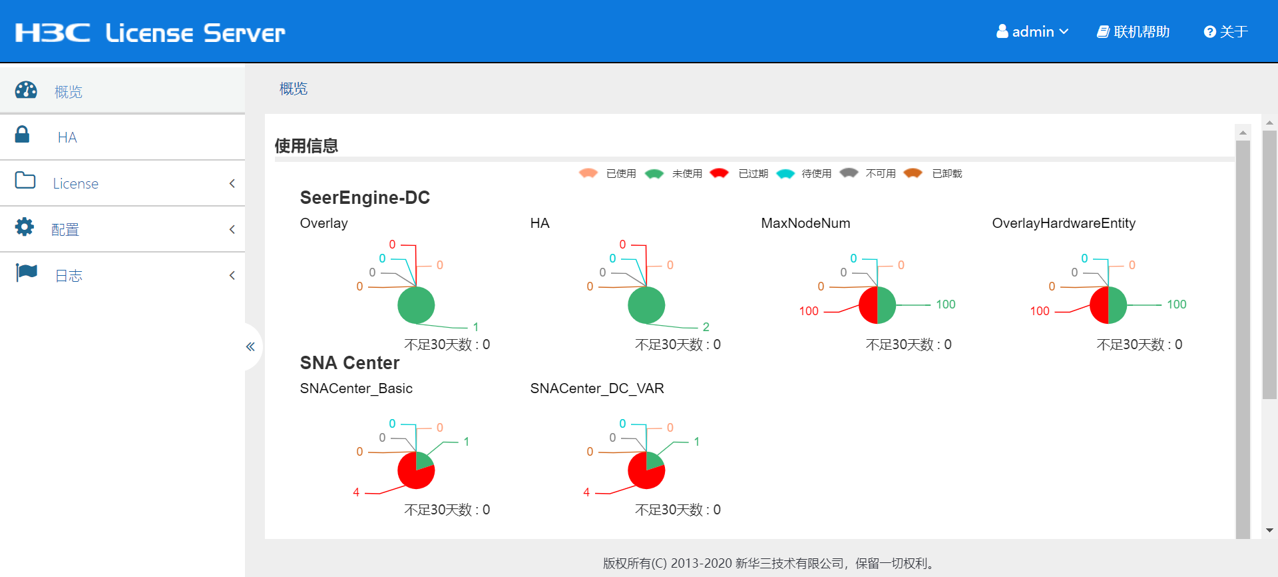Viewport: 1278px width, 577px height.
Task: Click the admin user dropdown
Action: [1032, 32]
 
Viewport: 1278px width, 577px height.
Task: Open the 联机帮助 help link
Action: [1133, 32]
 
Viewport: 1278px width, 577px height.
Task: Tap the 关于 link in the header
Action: [1225, 32]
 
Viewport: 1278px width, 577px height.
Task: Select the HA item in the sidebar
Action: [67, 137]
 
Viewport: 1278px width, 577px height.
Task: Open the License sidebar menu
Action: [76, 183]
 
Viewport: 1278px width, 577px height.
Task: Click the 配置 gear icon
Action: [25, 227]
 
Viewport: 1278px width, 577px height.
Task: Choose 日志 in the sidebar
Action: [69, 276]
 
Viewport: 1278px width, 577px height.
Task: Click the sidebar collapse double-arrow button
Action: [250, 346]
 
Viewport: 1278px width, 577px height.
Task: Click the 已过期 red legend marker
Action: [719, 173]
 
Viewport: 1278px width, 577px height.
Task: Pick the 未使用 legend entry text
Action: [687, 174]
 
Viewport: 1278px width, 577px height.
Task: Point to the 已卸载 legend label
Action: [947, 174]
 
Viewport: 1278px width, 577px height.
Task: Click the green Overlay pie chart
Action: [416, 306]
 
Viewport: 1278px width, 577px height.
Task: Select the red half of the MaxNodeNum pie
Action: [869, 306]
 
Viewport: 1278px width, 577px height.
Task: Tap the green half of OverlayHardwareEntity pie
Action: [1118, 305]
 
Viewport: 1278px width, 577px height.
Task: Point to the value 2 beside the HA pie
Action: [706, 327]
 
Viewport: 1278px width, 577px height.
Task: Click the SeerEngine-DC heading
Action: [365, 198]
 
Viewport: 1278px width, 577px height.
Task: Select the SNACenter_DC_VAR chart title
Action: [597, 388]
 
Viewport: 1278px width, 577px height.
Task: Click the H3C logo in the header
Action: [53, 33]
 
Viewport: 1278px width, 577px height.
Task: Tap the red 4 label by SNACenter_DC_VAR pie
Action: [586, 492]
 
